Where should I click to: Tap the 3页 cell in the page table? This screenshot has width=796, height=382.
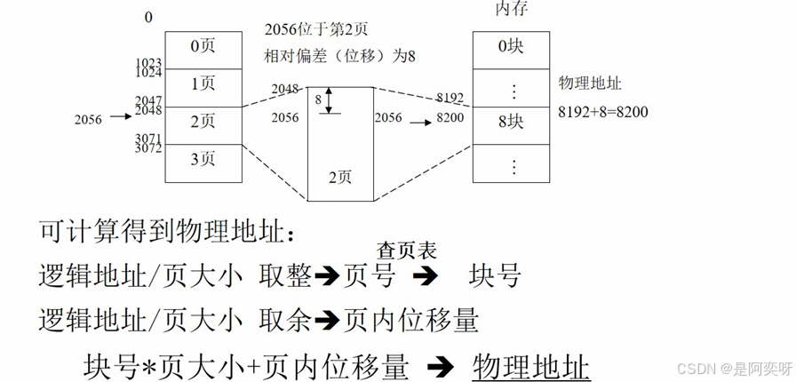[x=203, y=162]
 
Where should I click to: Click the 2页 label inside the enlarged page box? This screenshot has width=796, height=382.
[x=339, y=177]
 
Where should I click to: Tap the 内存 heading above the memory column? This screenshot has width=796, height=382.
[x=511, y=11]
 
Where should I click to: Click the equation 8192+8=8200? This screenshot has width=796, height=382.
[x=603, y=112]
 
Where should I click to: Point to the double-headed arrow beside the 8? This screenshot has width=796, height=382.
[x=330, y=100]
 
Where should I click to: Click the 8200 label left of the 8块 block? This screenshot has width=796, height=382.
[x=451, y=117]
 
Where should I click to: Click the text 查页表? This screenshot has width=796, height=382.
[x=407, y=251]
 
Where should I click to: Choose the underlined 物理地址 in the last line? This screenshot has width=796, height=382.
[x=531, y=366]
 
